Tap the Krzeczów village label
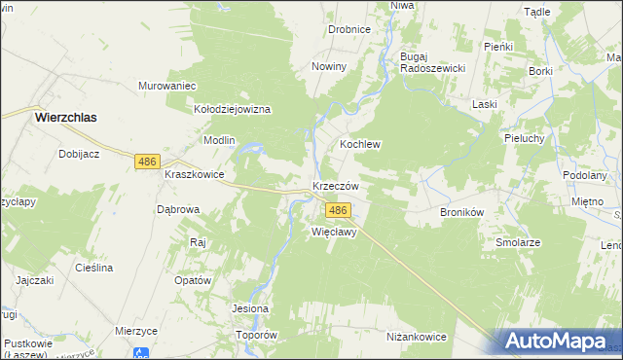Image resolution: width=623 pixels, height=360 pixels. pyautogui.click(x=337, y=186)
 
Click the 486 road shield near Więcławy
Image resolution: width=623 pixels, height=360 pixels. pyautogui.click(x=338, y=210)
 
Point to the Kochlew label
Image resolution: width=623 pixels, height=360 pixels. pyautogui.click(x=359, y=144)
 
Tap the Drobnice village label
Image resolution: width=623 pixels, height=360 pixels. pyautogui.click(x=349, y=29)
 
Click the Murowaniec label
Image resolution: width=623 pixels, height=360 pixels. pyautogui.click(x=167, y=86)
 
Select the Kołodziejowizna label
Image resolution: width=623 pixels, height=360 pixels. pyautogui.click(x=233, y=110)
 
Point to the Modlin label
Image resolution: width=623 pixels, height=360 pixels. pyautogui.click(x=219, y=140)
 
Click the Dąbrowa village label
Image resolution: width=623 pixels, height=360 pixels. pyautogui.click(x=178, y=209)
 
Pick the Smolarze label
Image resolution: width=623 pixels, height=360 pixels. pyautogui.click(x=518, y=242)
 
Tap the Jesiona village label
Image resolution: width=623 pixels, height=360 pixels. pyautogui.click(x=249, y=309)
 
